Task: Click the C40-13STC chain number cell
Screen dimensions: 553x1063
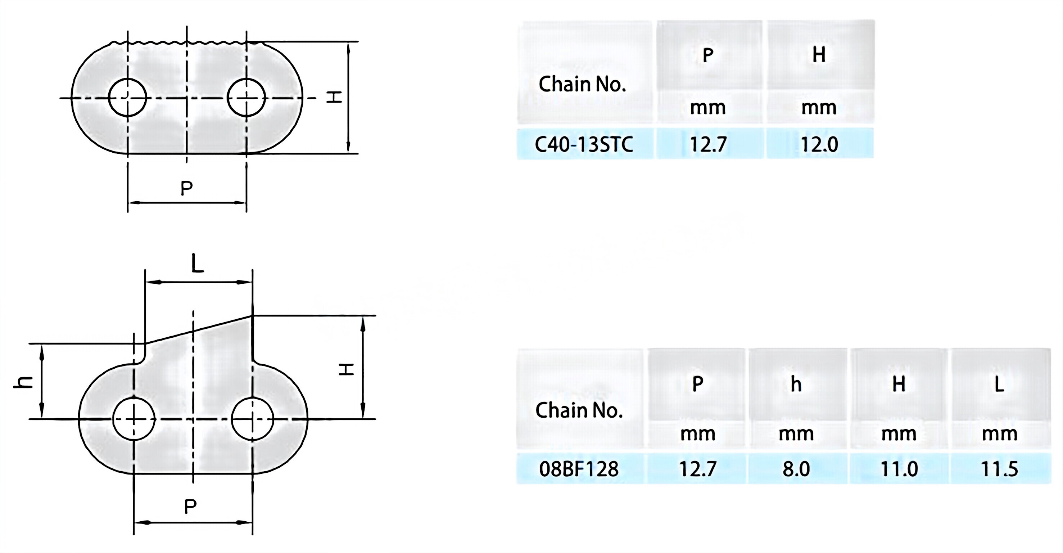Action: pyautogui.click(x=584, y=144)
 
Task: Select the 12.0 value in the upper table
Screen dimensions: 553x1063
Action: pyautogui.click(x=819, y=144)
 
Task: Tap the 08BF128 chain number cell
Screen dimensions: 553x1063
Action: pyautogui.click(x=579, y=469)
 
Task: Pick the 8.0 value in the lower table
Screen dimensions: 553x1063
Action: pyautogui.click(x=796, y=469)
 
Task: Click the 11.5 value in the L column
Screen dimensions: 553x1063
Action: pyautogui.click(x=999, y=469)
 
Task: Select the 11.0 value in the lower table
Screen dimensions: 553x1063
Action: pyautogui.click(x=899, y=469)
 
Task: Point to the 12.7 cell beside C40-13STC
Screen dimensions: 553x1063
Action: pyautogui.click(x=708, y=144)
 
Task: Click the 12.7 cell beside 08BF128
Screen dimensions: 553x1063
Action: pyautogui.click(x=697, y=469)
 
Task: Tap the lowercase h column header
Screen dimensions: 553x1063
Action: pyautogui.click(x=796, y=385)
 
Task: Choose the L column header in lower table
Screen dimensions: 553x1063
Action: pyautogui.click(x=999, y=385)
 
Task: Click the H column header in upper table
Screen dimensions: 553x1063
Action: pyautogui.click(x=819, y=54)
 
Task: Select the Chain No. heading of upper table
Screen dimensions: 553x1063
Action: pyautogui.click(x=582, y=84)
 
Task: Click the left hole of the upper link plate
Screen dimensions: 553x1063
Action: pyautogui.click(x=127, y=98)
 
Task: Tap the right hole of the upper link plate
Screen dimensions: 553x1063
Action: pyautogui.click(x=246, y=98)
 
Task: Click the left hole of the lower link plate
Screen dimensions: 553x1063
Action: pyautogui.click(x=134, y=419)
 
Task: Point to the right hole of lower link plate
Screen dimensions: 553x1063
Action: pyautogui.click(x=252, y=419)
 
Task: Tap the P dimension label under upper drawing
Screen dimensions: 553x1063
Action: pyautogui.click(x=186, y=188)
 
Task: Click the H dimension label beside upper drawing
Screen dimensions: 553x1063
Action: pyautogui.click(x=334, y=98)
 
